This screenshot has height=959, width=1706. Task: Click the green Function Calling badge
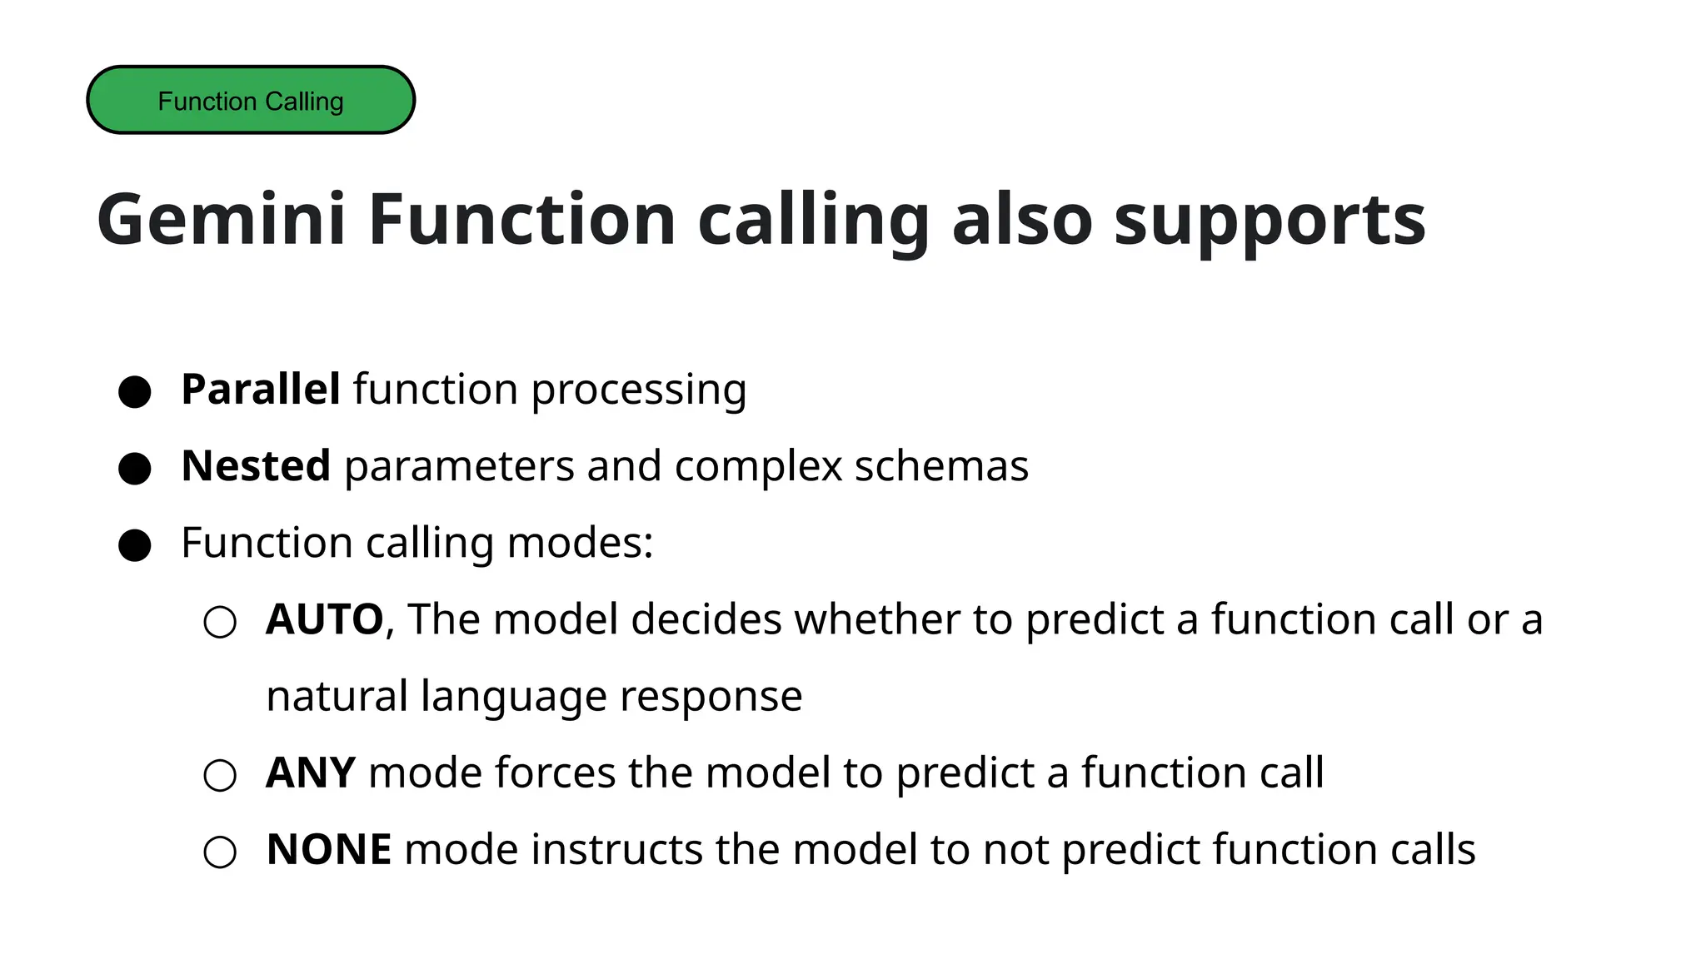point(250,100)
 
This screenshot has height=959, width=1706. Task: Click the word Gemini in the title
point(221,219)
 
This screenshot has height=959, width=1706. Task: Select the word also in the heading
point(1021,219)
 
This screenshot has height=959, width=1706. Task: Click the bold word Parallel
point(260,389)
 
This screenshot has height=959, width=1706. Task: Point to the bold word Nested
point(256,465)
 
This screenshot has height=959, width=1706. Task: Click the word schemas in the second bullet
point(940,465)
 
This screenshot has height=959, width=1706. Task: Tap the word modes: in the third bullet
point(580,543)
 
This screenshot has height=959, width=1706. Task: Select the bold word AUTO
point(324,619)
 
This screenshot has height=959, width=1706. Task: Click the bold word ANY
point(310,773)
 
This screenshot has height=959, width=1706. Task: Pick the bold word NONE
point(328,849)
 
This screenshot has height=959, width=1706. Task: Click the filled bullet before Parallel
point(134,391)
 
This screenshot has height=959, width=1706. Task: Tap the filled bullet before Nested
point(134,468)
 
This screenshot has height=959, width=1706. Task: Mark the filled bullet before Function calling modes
point(134,545)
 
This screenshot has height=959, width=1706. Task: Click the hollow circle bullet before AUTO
point(220,622)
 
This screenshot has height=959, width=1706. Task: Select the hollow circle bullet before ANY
point(220,775)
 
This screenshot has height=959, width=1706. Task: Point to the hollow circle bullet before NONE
point(220,852)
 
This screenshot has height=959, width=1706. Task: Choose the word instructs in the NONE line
point(616,849)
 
